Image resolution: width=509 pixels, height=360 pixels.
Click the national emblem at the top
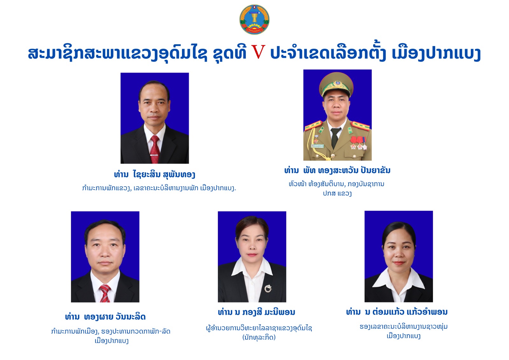[254, 19]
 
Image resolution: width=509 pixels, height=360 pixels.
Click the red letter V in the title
[258, 52]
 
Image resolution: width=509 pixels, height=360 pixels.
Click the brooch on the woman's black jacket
[268, 288]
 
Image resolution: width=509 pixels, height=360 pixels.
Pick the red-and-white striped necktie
[105, 293]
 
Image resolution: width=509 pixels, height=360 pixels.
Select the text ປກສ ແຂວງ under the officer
[337, 194]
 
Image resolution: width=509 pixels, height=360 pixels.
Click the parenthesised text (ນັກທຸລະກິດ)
[259, 337]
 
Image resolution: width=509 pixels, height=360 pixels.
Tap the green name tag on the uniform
[317, 146]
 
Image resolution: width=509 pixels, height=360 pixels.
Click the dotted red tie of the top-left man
[155, 149]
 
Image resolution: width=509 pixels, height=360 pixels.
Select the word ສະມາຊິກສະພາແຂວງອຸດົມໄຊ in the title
[117, 53]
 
